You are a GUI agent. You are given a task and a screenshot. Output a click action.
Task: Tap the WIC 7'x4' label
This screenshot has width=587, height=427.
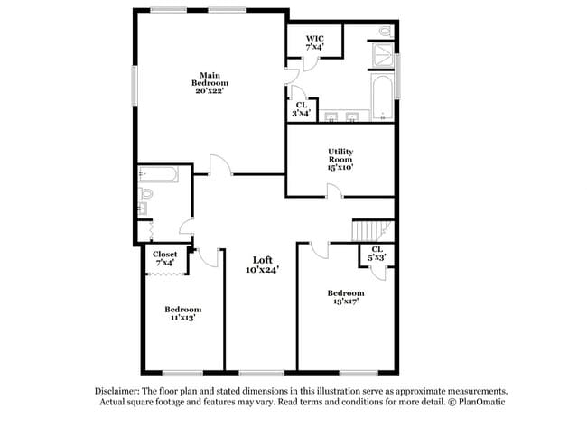(x=314, y=42)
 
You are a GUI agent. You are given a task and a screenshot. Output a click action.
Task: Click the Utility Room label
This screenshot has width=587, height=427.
(x=340, y=155)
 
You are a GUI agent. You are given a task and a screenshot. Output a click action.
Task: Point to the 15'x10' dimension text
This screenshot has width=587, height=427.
(x=340, y=167)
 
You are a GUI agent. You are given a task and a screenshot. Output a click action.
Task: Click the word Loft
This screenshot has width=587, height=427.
(x=262, y=260)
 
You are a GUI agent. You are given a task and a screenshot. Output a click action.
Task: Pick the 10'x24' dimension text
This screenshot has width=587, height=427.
(x=262, y=270)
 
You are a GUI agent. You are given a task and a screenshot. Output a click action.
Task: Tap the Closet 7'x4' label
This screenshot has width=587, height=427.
(x=164, y=258)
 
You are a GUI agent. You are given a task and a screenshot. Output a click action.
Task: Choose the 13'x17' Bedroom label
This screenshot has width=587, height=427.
(x=346, y=298)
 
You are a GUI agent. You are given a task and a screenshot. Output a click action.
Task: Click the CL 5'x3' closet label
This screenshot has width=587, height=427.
(x=377, y=254)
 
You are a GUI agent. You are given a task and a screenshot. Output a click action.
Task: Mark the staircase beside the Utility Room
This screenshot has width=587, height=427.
(x=373, y=230)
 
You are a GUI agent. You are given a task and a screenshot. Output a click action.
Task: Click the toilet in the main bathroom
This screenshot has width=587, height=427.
(x=386, y=32)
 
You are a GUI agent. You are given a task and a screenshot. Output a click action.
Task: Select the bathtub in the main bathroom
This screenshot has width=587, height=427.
(x=381, y=97)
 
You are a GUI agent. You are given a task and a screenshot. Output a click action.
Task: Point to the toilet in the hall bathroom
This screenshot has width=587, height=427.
(x=146, y=192)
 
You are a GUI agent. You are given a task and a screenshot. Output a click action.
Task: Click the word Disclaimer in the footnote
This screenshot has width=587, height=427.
(x=119, y=391)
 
